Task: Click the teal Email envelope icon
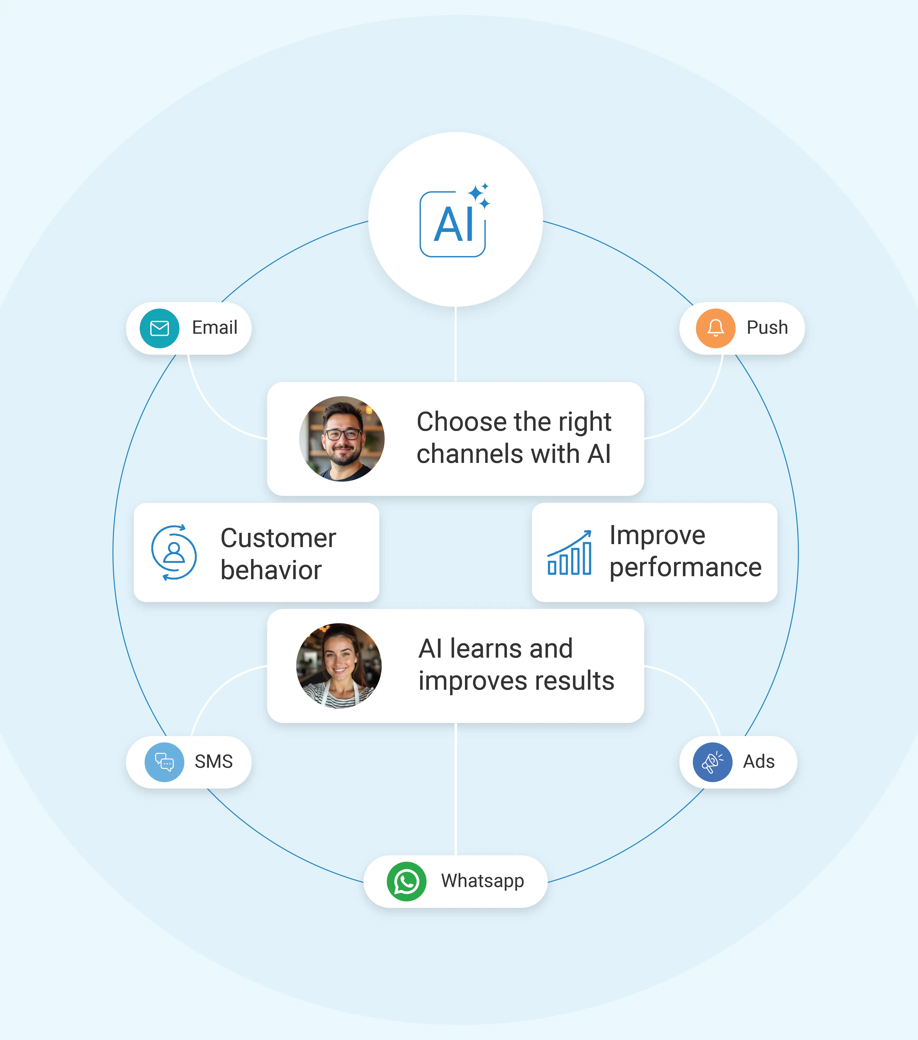point(159,328)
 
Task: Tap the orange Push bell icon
point(715,328)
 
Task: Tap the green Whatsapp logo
point(406,881)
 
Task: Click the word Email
point(214,328)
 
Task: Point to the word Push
point(767,328)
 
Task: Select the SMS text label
point(213,762)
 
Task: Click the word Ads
point(759,762)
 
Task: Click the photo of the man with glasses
point(342,439)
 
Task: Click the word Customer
point(278,538)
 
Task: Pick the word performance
point(685,568)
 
